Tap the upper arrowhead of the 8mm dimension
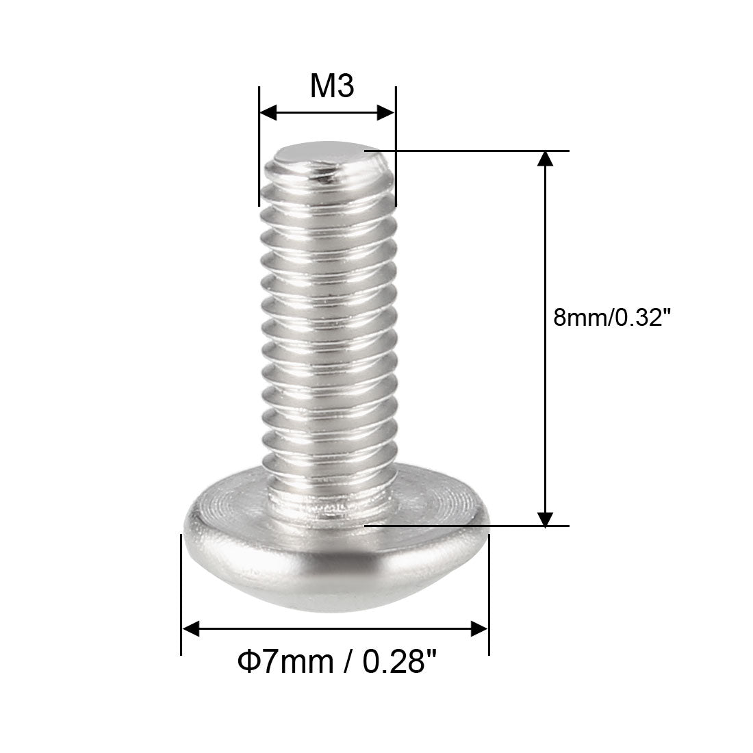[x=545, y=160]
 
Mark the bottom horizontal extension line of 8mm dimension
[x=465, y=526]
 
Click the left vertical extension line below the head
[x=181, y=596]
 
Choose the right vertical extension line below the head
[x=489, y=596]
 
